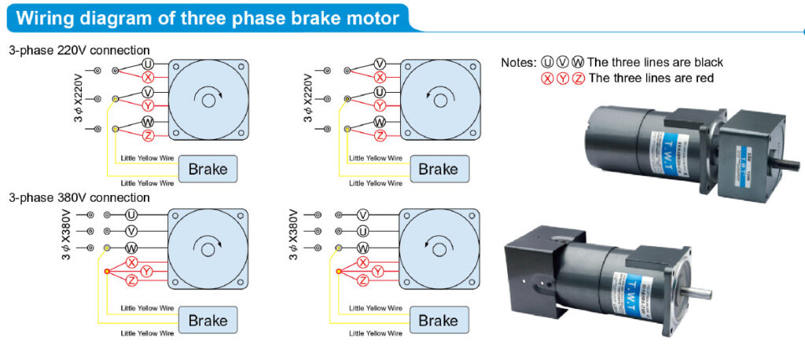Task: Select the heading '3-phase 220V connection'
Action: click(x=79, y=50)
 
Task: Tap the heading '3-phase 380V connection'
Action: click(x=79, y=197)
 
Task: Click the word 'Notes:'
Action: click(x=519, y=62)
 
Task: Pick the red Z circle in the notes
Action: click(x=579, y=78)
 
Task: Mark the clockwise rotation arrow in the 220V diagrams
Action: click(x=209, y=99)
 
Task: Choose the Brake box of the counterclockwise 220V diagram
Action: click(x=438, y=168)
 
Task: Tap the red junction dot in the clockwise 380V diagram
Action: click(x=107, y=271)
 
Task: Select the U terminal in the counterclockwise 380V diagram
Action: click(x=362, y=230)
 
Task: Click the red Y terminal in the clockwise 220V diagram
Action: click(x=148, y=105)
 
